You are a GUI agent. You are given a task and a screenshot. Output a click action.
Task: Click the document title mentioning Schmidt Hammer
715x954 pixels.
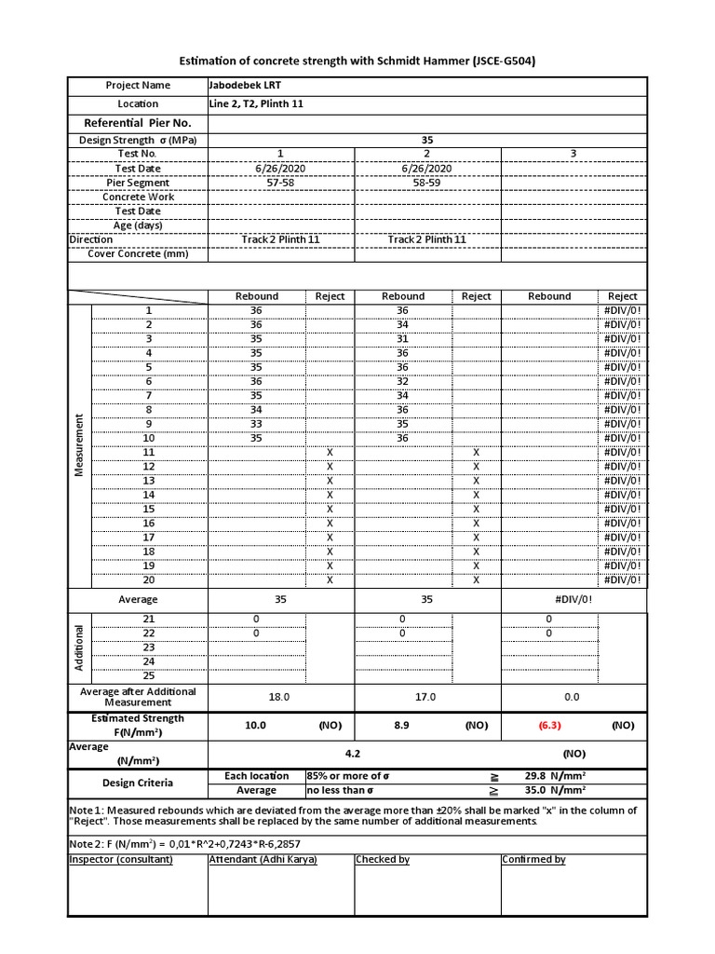[x=357, y=61]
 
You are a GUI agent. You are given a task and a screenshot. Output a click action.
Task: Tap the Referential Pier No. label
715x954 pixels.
[x=138, y=123]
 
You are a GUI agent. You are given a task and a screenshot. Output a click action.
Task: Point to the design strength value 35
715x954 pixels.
[x=427, y=141]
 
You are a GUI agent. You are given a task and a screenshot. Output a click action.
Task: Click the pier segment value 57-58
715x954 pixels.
[x=280, y=183]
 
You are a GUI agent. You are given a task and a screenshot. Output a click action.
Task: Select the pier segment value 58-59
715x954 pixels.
[x=427, y=183]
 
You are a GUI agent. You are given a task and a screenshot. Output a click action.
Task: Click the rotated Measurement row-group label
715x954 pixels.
[x=80, y=445]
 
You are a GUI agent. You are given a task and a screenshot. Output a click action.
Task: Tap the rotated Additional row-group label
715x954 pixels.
[x=80, y=647]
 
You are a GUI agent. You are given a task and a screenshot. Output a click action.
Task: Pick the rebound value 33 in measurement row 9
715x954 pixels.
[x=256, y=424]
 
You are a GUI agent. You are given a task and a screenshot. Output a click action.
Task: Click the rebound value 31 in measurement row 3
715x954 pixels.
[x=402, y=339]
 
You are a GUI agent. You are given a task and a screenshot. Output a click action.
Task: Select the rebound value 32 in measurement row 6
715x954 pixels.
[x=402, y=382]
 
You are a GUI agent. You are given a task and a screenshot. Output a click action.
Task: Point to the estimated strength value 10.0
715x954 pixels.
[x=256, y=725]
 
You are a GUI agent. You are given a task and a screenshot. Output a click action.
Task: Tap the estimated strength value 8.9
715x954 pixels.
[x=402, y=725]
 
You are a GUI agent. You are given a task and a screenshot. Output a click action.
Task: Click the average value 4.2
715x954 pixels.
[x=427, y=754]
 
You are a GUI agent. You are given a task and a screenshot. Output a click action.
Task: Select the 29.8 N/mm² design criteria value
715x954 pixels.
[x=555, y=776]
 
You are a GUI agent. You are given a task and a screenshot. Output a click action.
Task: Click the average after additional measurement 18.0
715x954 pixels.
[x=280, y=697]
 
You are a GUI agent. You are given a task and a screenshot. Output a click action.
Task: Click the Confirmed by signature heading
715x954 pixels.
[x=533, y=860]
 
